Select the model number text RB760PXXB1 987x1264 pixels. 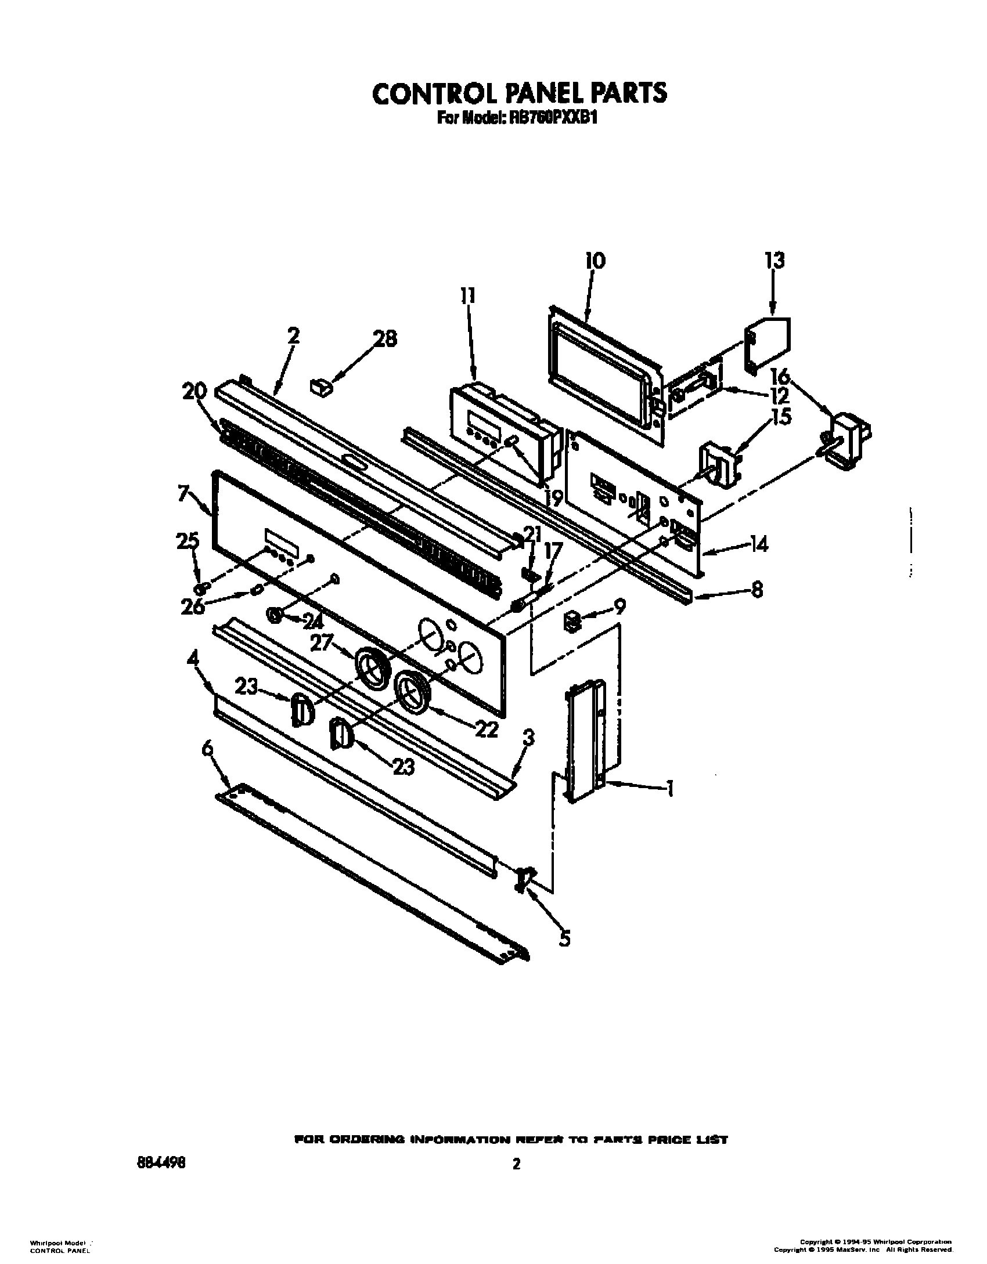(555, 118)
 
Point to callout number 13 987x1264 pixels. (775, 261)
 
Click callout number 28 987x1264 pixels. (384, 339)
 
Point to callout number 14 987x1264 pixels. (758, 544)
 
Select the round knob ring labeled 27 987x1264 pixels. (373, 668)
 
